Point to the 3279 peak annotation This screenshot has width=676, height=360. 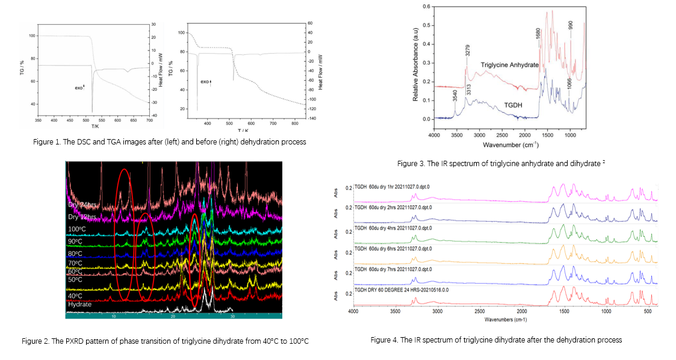[x=467, y=51]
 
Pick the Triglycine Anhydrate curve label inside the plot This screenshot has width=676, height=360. [x=509, y=64]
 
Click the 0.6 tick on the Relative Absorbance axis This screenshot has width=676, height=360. [x=426, y=7]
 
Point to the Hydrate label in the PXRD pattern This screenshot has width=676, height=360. [x=80, y=304]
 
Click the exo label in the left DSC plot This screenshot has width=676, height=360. [x=79, y=87]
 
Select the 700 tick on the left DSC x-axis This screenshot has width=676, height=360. [x=149, y=121]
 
